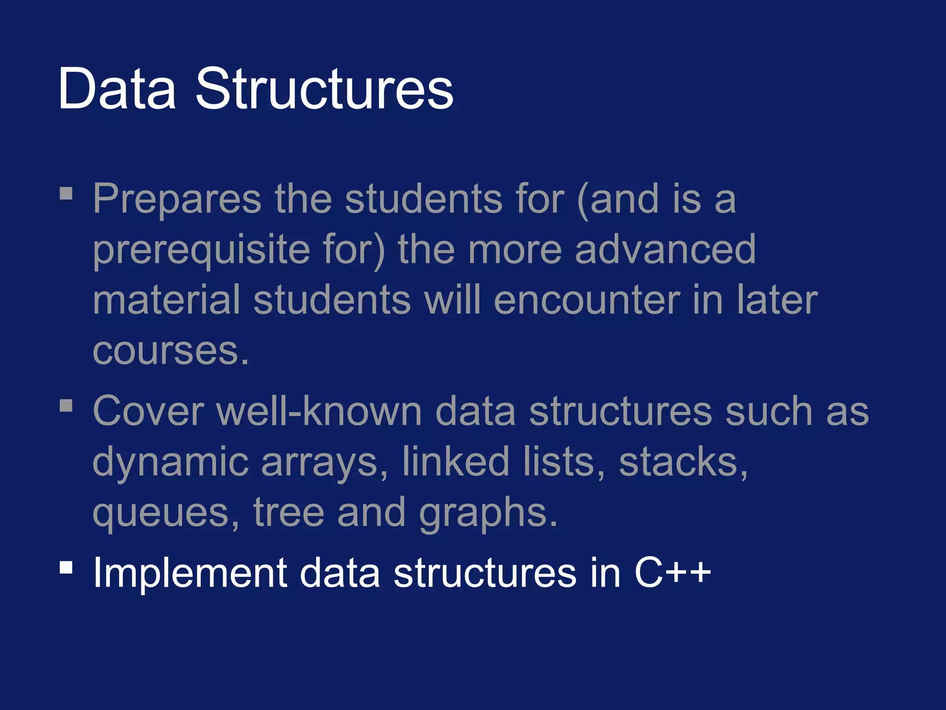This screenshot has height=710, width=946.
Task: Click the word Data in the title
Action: point(117,89)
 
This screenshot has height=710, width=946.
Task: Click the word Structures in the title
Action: point(325,89)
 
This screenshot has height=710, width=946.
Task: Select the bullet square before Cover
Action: point(66,405)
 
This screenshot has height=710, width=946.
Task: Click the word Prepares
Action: point(177,200)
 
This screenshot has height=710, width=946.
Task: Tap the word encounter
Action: point(587,300)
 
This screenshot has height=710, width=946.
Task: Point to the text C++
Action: point(673,573)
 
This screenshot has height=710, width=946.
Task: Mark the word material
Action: point(167,300)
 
